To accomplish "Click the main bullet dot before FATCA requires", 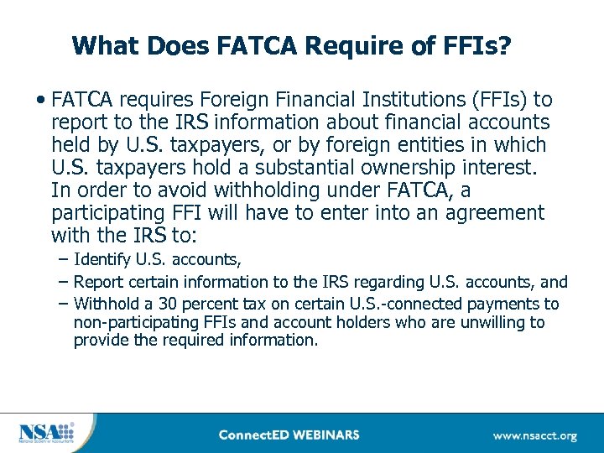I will [40, 101].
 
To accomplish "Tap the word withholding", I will [263, 190].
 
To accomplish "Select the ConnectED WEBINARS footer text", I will [288, 435].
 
